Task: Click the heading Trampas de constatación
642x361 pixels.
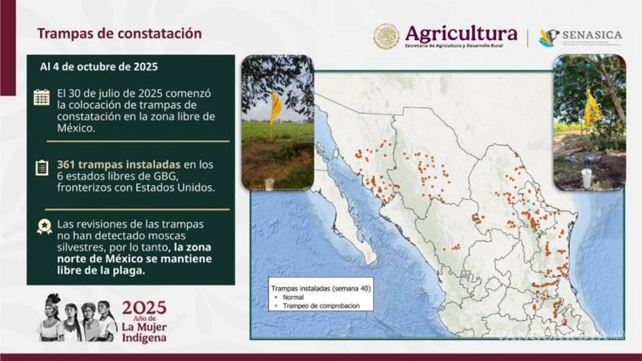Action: (119, 33)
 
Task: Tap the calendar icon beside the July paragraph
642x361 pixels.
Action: (41, 97)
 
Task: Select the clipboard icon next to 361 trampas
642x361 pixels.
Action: (42, 167)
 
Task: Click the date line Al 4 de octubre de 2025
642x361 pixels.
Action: (99, 67)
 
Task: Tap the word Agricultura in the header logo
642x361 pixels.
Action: (461, 33)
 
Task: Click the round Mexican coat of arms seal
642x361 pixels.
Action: (386, 37)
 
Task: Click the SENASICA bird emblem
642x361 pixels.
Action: (548, 38)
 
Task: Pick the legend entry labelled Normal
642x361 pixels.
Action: (293, 298)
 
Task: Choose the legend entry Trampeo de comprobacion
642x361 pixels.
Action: (320, 306)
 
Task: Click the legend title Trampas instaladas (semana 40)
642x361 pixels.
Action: (321, 289)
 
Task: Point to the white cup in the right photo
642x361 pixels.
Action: (586, 179)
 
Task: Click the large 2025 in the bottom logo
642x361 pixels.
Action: (144, 308)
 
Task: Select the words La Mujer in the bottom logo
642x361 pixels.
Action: (144, 327)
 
